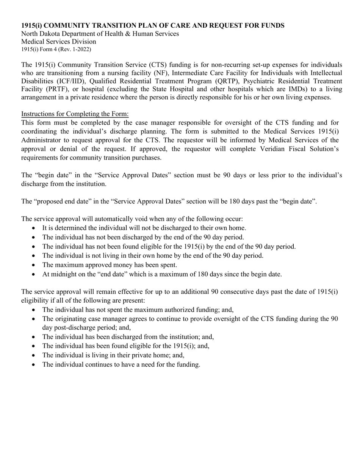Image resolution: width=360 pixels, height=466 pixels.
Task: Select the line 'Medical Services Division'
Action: (58, 42)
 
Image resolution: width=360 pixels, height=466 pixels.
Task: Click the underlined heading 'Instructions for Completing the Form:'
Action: (75, 114)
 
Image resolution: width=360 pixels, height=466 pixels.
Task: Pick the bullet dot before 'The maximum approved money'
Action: (34, 265)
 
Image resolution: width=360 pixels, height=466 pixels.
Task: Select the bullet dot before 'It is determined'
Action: (34, 228)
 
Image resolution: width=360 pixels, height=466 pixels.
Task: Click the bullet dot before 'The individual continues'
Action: (34, 365)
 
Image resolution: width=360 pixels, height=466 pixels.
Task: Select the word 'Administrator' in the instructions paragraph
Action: (41, 140)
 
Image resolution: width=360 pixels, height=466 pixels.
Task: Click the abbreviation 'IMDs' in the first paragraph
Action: (297, 89)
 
